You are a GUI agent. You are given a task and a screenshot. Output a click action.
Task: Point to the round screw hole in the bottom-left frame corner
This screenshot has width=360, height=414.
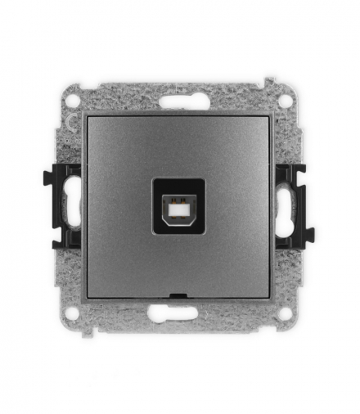pyautogui.click(x=73, y=313)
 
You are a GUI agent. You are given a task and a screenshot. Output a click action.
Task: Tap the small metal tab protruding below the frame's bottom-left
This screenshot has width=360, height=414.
pyautogui.click(x=97, y=332)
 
